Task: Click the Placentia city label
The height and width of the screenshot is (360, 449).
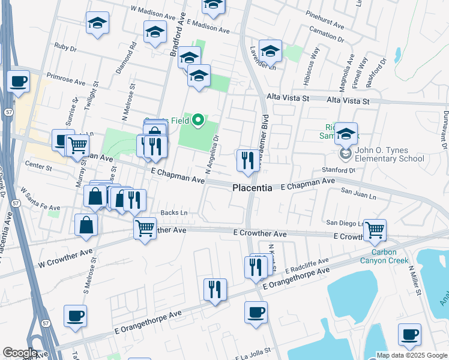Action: (x=252, y=188)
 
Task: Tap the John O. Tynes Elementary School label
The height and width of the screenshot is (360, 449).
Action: (x=382, y=155)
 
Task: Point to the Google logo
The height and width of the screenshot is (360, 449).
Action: (x=20, y=353)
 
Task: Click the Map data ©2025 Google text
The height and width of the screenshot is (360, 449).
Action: (x=412, y=355)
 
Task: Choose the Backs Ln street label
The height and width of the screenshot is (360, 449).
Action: (x=174, y=213)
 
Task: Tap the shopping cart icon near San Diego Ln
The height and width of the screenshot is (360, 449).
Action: (x=375, y=229)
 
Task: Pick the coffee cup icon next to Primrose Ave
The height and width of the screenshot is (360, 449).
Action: (x=19, y=81)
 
